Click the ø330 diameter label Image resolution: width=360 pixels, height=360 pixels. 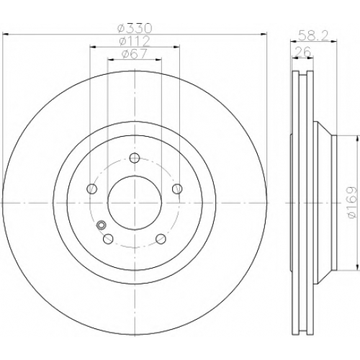[x=135, y=28]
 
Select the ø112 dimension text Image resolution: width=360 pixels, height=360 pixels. [x=135, y=41]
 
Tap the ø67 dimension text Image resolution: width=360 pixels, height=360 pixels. [x=134, y=53]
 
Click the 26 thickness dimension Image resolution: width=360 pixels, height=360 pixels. [x=302, y=51]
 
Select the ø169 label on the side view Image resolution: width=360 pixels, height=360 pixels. [x=352, y=202]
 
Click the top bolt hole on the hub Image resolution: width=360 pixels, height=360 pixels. [x=135, y=158]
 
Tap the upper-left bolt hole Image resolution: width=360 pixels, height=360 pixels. [x=91, y=189]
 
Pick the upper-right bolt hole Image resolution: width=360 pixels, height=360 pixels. [x=177, y=189]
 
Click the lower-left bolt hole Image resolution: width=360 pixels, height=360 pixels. [x=108, y=238]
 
